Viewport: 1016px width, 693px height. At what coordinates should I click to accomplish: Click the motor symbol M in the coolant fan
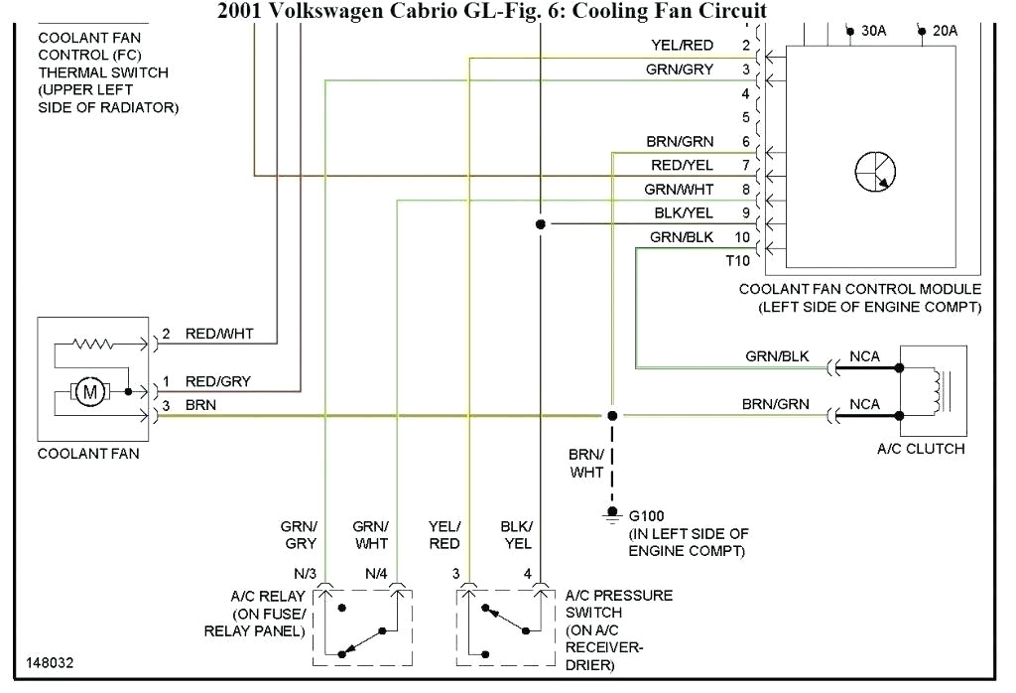pyautogui.click(x=91, y=392)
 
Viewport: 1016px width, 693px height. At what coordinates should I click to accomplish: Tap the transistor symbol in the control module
pyautogui.click(x=874, y=173)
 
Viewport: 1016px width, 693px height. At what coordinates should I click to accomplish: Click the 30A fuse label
pyautogui.click(x=873, y=31)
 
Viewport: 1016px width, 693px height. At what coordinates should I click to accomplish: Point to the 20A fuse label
pyautogui.click(x=945, y=31)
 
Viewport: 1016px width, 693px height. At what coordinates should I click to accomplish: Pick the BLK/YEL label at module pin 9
pyautogui.click(x=684, y=212)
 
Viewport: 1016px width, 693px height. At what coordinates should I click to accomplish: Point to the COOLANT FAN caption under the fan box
pyautogui.click(x=88, y=454)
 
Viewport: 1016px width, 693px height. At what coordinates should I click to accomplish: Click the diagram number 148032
pyautogui.click(x=50, y=662)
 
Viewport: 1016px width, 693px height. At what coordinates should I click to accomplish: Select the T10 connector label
pyautogui.click(x=738, y=261)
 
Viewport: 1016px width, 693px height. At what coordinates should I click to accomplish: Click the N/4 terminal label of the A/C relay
pyautogui.click(x=376, y=573)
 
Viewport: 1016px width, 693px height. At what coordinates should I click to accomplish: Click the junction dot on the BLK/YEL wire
pyautogui.click(x=540, y=224)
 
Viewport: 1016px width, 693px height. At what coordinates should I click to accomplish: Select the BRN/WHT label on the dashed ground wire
pyautogui.click(x=585, y=463)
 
